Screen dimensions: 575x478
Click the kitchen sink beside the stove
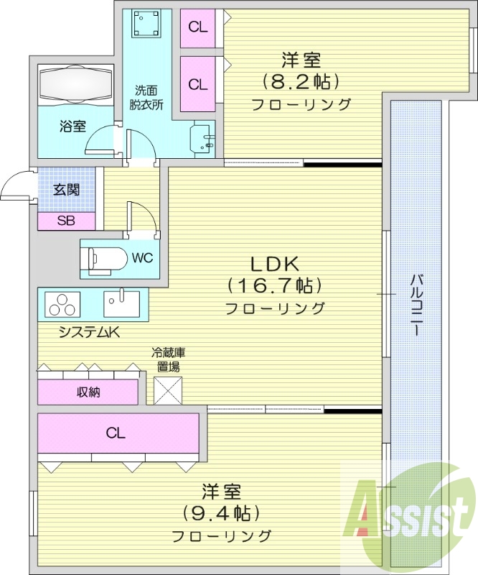121,303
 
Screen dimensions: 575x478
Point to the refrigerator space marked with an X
169,390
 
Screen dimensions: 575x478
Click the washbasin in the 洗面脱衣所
202,137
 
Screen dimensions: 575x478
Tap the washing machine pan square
147,26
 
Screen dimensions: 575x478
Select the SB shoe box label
65,221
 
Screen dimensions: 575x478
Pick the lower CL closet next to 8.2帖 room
197,83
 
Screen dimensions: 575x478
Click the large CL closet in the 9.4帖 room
117,433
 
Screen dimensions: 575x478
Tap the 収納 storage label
88,392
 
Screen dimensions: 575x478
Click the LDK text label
274,262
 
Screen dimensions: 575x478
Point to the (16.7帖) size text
274,286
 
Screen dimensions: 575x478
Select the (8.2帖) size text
300,80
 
